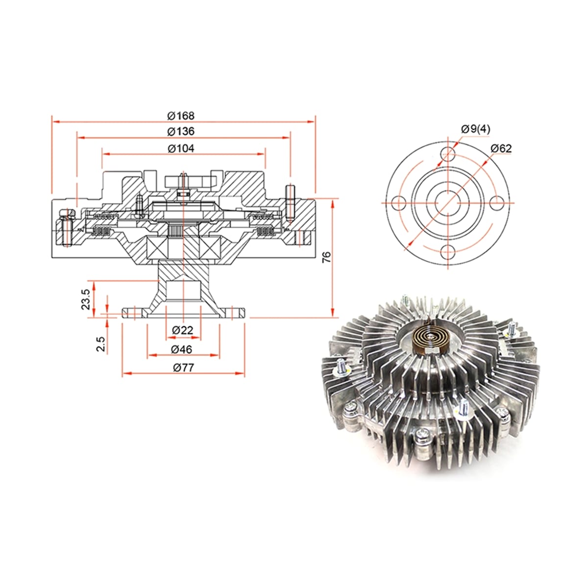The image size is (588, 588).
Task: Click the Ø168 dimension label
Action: point(181,116)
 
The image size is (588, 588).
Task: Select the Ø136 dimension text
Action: point(181,131)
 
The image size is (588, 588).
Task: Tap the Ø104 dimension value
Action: point(181,148)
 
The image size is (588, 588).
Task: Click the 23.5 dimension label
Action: point(85,299)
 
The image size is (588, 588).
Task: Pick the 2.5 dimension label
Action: point(101,344)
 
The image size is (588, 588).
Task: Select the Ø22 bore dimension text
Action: point(182,330)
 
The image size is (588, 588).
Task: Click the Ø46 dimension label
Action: point(182,349)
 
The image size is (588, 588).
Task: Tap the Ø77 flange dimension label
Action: point(183,367)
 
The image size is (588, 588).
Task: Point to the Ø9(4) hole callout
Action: point(475,129)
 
